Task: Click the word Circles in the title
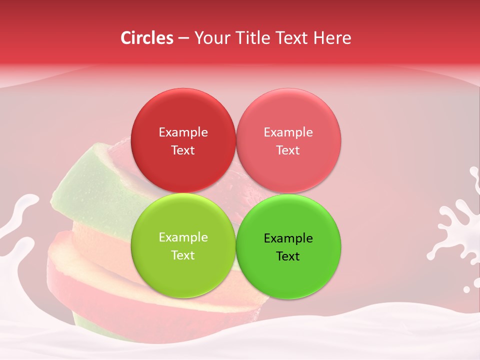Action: pyautogui.click(x=147, y=38)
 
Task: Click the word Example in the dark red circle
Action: pyautogui.click(x=183, y=132)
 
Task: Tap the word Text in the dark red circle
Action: pyautogui.click(x=183, y=150)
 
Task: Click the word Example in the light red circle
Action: pyautogui.click(x=288, y=132)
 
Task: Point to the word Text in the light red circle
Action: pyautogui.click(x=288, y=150)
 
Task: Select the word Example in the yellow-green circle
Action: pyautogui.click(x=183, y=237)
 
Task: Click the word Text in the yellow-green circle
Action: pyautogui.click(x=183, y=255)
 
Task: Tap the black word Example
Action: pyautogui.click(x=288, y=238)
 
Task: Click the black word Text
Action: pyautogui.click(x=288, y=256)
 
